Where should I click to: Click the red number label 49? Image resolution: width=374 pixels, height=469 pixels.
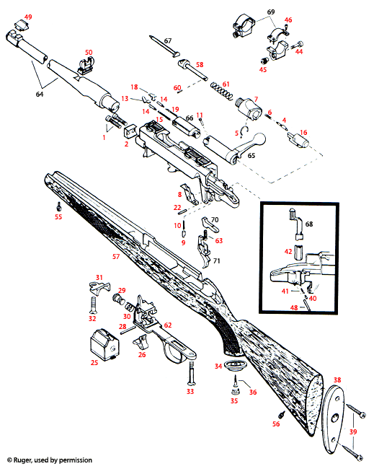[28, 17]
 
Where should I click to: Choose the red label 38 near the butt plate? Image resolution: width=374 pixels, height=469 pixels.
[337, 379]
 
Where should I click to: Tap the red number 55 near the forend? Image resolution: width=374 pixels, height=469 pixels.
[58, 216]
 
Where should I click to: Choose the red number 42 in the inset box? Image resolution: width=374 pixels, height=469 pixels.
[288, 252]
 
